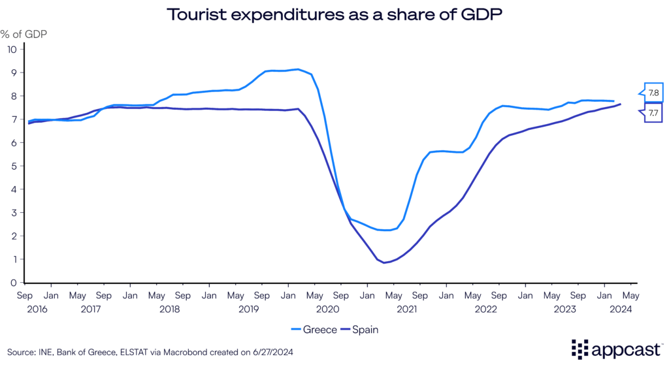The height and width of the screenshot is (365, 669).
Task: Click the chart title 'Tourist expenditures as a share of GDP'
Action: point(334,14)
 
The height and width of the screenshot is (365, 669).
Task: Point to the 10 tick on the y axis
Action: point(12,49)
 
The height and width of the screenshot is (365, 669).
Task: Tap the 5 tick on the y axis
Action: point(13,166)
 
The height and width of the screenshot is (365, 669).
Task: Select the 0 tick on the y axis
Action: point(13,283)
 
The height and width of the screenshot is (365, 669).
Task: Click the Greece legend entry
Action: point(316,330)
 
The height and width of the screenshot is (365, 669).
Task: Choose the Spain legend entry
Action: point(360,330)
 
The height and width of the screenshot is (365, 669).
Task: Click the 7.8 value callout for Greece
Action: point(653,92)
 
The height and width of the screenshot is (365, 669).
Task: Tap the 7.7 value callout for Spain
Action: point(653,113)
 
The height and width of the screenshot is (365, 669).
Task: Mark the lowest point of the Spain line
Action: point(385,262)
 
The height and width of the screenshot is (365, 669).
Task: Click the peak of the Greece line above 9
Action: point(298,69)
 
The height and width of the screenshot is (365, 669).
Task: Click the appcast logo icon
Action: point(581,349)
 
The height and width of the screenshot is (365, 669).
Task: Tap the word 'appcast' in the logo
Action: point(625,349)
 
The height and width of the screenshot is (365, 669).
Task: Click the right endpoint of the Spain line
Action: point(620,104)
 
